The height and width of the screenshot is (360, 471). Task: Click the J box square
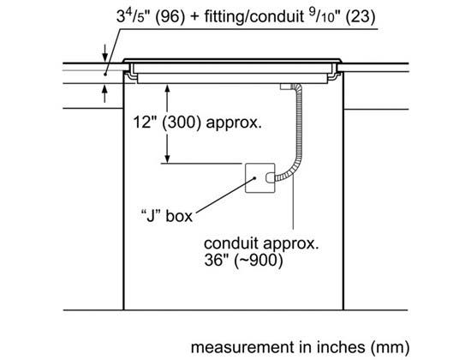pyautogui.click(x=260, y=177)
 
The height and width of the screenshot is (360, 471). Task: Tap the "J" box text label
pyautogui.click(x=166, y=216)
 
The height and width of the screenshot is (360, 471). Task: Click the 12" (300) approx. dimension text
pyautogui.click(x=197, y=123)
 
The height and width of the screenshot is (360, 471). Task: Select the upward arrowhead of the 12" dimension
pyautogui.click(x=168, y=89)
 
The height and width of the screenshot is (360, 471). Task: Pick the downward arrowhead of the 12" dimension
pyautogui.click(x=168, y=159)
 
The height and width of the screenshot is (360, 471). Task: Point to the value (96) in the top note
pyautogui.click(x=170, y=16)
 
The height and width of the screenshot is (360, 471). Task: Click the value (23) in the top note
pyautogui.click(x=361, y=16)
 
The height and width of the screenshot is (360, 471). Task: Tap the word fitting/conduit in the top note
pyautogui.click(x=253, y=16)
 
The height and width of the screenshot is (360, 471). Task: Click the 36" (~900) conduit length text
pyautogui.click(x=243, y=260)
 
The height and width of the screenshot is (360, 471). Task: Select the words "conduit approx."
pyautogui.click(x=261, y=243)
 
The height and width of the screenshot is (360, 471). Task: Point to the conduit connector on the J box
pyautogui.click(x=271, y=177)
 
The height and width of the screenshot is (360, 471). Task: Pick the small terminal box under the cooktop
pyautogui.click(x=286, y=87)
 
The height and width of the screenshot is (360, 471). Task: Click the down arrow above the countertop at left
pyautogui.click(x=104, y=53)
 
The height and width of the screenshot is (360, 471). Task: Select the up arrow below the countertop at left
pyautogui.click(x=104, y=93)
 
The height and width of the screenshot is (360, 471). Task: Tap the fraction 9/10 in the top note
pyautogui.click(x=322, y=15)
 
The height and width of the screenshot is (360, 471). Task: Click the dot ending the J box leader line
pyautogui.click(x=254, y=177)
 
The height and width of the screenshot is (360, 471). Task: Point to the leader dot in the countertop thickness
pyautogui.click(x=105, y=74)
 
